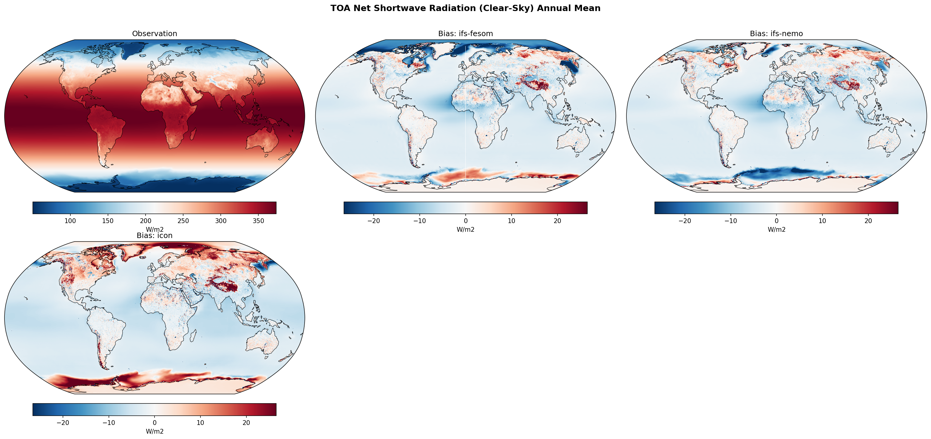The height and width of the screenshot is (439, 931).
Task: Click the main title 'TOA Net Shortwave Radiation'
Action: (x=465, y=8)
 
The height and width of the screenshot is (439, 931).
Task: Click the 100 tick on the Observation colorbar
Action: (x=70, y=221)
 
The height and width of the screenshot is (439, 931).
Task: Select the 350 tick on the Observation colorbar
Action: (x=258, y=221)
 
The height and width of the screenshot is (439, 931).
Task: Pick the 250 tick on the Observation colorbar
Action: (x=183, y=221)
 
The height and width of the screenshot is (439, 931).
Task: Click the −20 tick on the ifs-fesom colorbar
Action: (x=373, y=221)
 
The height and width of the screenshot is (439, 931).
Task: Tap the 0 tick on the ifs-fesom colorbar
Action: (x=465, y=221)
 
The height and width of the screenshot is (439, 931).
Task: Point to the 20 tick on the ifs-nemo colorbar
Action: (x=868, y=221)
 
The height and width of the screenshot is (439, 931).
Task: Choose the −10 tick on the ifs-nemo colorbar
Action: (x=731, y=221)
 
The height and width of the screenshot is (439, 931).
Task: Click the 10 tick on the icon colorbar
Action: (x=200, y=423)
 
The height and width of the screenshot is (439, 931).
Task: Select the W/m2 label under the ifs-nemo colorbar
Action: (x=776, y=229)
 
